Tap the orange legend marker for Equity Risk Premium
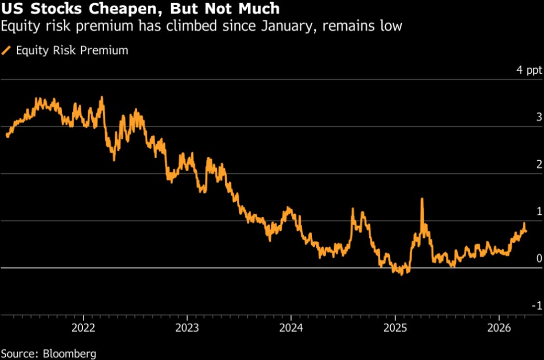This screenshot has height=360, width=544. pos(6,51)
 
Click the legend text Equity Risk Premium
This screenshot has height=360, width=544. pos(72,50)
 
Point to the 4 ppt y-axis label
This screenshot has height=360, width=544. pos(528,71)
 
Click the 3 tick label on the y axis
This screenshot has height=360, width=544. pos(539,117)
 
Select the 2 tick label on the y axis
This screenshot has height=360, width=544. pos(539,164)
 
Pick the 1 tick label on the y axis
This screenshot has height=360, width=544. pos(539,212)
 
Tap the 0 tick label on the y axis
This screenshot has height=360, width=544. pos(539,258)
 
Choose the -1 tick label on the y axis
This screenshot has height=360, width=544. pos(537,306)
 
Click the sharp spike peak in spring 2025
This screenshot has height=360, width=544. pos(422,199)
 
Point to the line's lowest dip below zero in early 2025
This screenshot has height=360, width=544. pos(401,274)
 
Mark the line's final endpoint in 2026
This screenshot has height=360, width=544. pos(526,231)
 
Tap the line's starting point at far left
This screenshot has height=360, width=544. pos(7,136)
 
